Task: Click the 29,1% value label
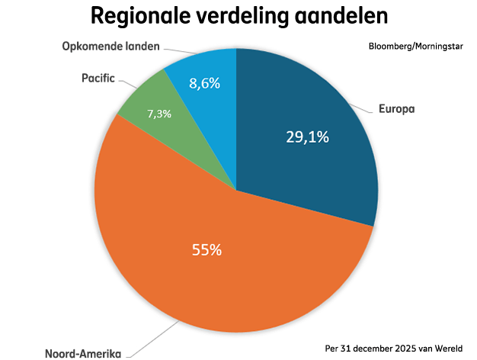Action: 306,137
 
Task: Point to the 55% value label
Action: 206,249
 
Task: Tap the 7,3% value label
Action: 159,113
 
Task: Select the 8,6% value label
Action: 205,83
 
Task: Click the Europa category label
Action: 396,108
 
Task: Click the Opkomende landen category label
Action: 110,46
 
